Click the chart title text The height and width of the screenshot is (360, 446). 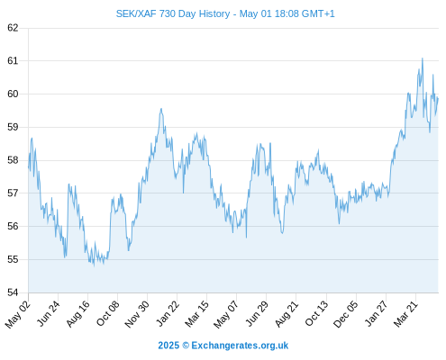(x=225, y=13)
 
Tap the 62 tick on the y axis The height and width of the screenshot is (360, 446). (x=13, y=28)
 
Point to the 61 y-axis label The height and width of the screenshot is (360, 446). (x=13, y=61)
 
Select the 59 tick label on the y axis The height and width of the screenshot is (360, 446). (x=13, y=127)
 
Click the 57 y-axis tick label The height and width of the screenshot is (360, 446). (x=13, y=193)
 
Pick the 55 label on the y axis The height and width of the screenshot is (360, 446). (x=13, y=259)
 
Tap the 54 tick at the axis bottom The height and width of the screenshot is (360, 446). (x=13, y=292)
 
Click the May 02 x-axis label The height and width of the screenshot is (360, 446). (x=18, y=314)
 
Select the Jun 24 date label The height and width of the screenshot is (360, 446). (x=48, y=313)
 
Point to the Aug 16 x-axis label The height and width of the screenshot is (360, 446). (x=77, y=313)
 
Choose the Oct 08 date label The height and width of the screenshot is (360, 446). (x=107, y=313)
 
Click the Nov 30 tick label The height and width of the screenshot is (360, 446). (x=137, y=314)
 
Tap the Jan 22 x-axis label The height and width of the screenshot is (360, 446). (x=168, y=313)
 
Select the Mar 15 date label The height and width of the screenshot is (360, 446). (x=196, y=313)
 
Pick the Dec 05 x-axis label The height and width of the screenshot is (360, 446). (x=346, y=314)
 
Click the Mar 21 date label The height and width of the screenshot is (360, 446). (x=405, y=313)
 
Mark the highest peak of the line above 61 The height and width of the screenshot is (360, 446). (x=423, y=58)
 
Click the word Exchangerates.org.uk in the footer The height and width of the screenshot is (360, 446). (x=240, y=346)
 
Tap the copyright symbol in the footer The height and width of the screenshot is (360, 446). (x=186, y=346)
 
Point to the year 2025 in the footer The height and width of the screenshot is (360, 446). (x=168, y=346)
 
